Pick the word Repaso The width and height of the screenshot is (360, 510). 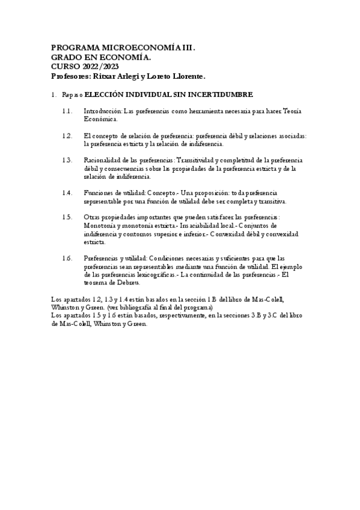point(72,94)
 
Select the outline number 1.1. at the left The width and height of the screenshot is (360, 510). point(67,111)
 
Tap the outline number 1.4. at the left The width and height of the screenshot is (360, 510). point(67,192)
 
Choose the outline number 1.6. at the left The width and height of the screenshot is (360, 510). point(67,258)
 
